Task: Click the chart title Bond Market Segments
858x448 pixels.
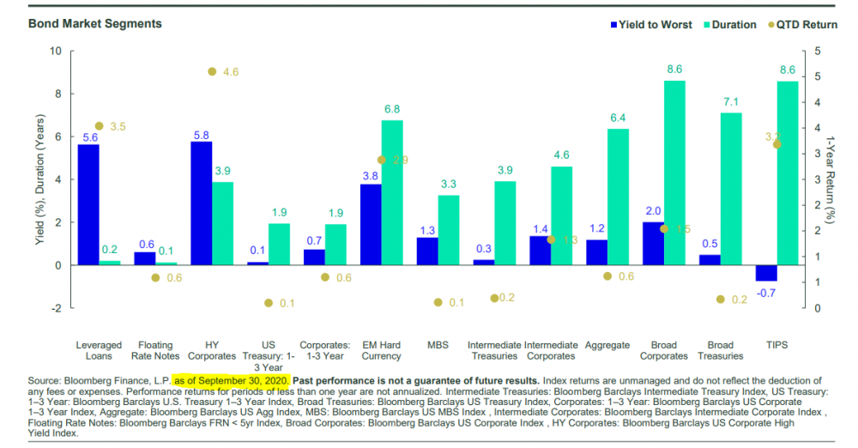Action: click(x=84, y=23)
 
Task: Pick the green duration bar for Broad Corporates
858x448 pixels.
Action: click(x=675, y=172)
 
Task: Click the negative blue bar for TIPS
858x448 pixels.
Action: click(x=766, y=273)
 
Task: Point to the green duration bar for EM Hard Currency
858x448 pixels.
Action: click(x=392, y=192)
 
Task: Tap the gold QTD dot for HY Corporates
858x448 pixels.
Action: click(x=212, y=72)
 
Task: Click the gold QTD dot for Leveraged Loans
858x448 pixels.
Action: click(x=100, y=126)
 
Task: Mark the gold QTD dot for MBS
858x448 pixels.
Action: click(x=438, y=303)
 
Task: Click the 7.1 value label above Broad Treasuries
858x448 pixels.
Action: click(x=731, y=102)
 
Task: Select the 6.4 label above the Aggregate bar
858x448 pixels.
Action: click(x=619, y=118)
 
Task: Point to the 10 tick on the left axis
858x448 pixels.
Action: click(x=56, y=51)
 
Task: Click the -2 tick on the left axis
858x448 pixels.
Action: click(x=56, y=308)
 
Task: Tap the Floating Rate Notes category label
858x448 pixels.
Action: click(x=155, y=350)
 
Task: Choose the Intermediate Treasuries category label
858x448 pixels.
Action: click(x=493, y=350)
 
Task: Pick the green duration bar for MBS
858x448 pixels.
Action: click(x=449, y=230)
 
